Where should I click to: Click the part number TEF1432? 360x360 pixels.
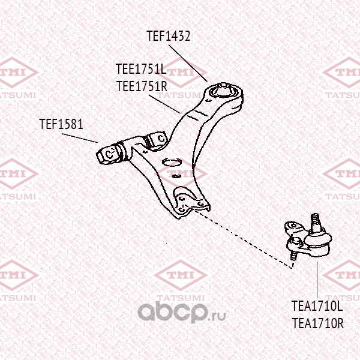coord(169,36)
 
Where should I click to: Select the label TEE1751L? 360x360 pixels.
coord(141,70)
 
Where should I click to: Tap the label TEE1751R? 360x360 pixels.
coord(141,85)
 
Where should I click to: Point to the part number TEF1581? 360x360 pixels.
coord(61,124)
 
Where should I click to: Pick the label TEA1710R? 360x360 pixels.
coord(317,323)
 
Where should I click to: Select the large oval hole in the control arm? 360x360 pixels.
coord(172,163)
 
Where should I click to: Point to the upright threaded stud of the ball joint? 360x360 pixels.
coord(315,220)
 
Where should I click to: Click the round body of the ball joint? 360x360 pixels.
coord(316,241)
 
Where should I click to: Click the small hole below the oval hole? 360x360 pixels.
coord(176,176)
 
